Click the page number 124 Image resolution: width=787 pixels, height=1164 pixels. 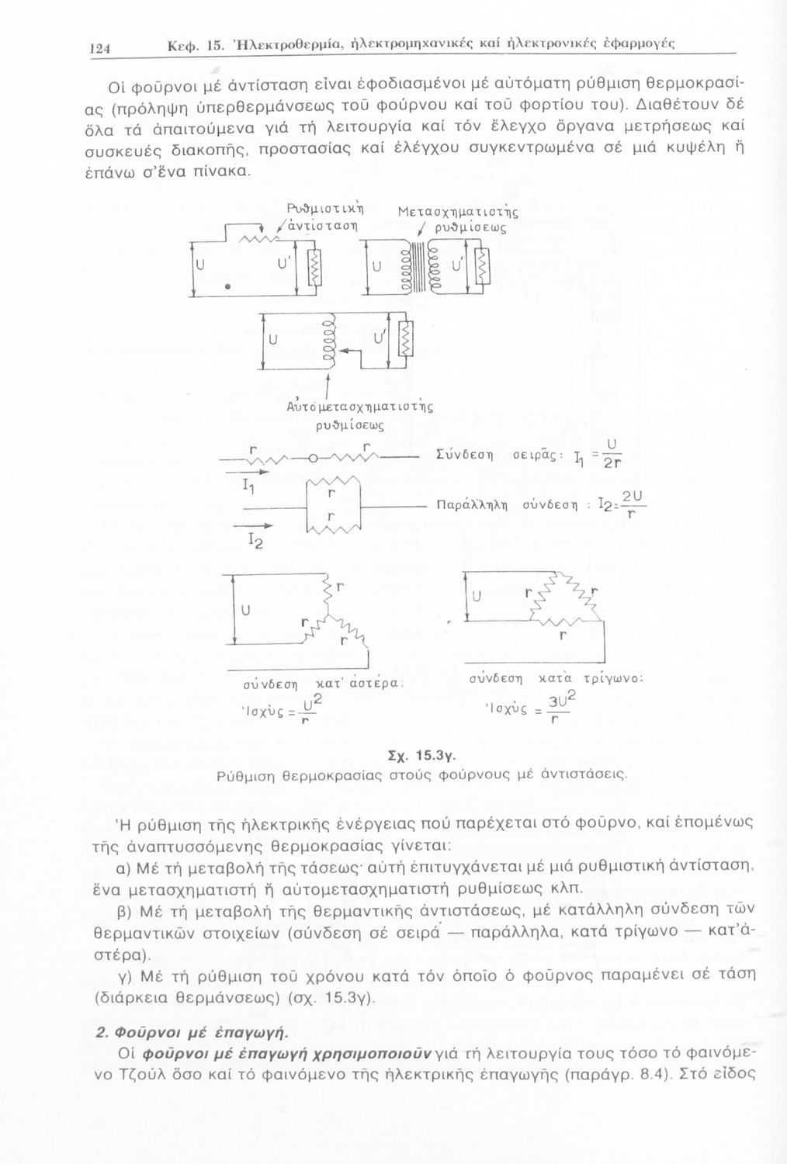point(101,47)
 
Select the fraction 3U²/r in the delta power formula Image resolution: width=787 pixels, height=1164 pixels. point(554,708)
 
